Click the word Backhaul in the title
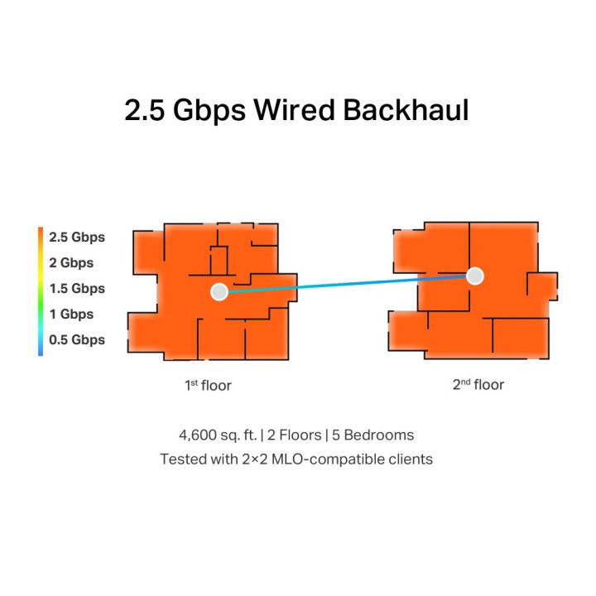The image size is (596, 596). (406, 110)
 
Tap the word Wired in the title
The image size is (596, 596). (294, 110)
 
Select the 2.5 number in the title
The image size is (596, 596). (144, 110)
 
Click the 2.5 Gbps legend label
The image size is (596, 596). (77, 238)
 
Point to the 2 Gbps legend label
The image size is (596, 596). (71, 262)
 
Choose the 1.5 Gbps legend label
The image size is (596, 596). (77, 289)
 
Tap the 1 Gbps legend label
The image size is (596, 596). (71, 314)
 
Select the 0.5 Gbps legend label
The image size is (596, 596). (77, 340)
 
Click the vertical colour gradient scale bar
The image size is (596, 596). (41, 291)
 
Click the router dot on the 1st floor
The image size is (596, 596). (219, 292)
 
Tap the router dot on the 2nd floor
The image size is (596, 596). (475, 276)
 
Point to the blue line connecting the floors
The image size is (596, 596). (347, 284)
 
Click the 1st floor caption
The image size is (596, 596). (208, 386)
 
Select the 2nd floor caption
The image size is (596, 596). (478, 385)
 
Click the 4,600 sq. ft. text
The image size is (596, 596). (218, 435)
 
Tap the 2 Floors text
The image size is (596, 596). (294, 435)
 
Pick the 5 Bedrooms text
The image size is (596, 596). (372, 435)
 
